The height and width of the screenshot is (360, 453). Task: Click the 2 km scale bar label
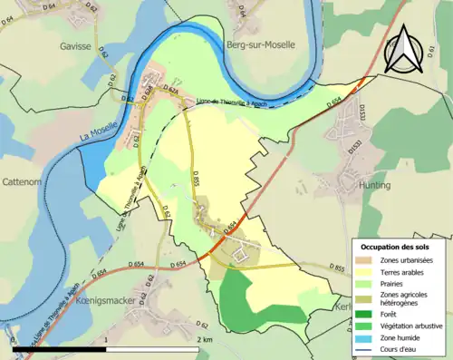[x=205, y=338]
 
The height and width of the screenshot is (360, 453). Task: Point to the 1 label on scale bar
[x=107, y=338]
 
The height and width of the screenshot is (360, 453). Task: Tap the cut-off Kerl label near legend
[x=342, y=307]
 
